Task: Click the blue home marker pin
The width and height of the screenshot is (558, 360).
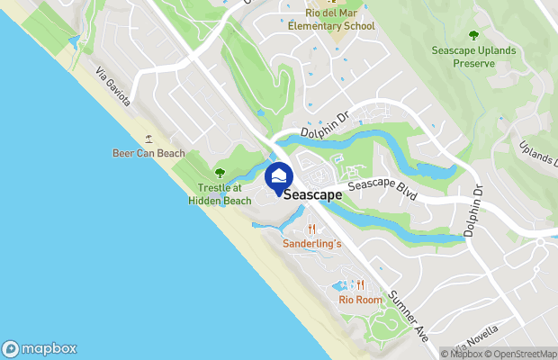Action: pos(279,175)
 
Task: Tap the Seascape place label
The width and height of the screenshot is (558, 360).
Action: pos(312,193)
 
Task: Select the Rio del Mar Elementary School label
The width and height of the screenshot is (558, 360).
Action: pos(331,20)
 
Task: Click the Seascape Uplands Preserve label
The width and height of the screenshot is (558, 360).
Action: pos(474,58)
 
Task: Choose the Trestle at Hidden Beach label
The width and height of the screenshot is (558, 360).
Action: pos(220,194)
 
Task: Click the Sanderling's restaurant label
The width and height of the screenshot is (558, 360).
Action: pos(312,244)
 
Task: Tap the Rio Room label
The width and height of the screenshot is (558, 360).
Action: pos(360,300)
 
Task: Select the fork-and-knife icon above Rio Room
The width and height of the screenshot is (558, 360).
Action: pos(360,285)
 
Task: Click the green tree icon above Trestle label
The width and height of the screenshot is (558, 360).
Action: pos(220,173)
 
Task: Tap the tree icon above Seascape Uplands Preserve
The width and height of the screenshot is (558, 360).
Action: pos(474,35)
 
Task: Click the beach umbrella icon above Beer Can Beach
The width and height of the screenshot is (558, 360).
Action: pos(148,139)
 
